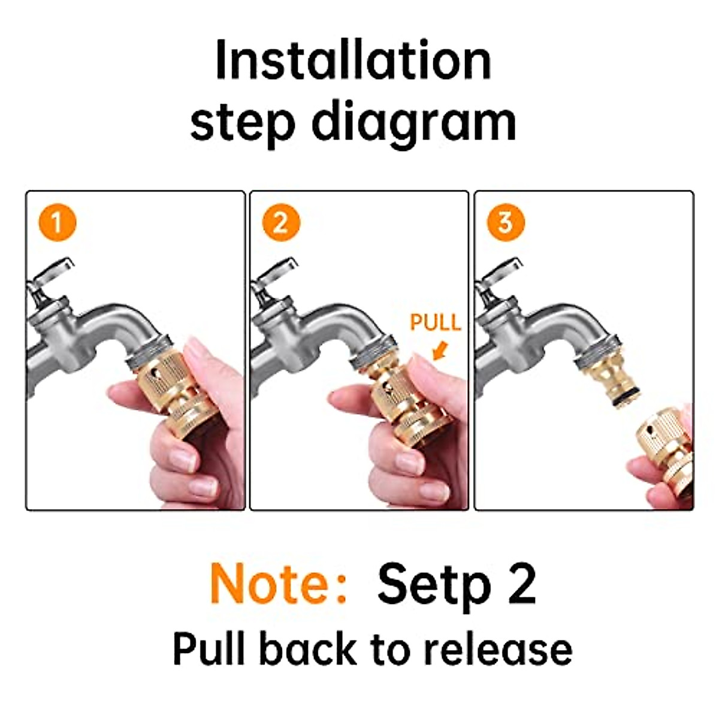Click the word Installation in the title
point(353,61)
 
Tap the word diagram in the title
point(414,123)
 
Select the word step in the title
point(243,123)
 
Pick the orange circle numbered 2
point(281,223)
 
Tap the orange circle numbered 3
point(505,223)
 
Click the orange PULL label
point(435,322)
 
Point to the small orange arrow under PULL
point(440,349)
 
